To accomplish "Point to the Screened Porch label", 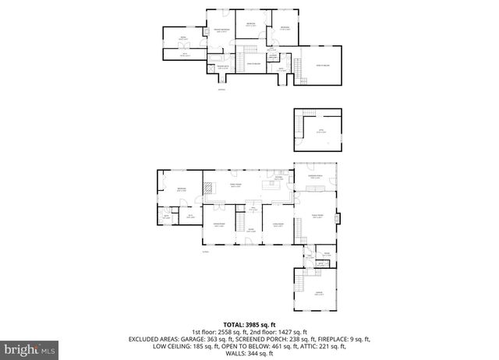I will (x=316, y=177).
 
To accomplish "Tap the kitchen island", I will (x=273, y=185).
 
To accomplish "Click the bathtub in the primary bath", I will (x=215, y=58).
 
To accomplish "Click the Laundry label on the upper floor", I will (x=273, y=55).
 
